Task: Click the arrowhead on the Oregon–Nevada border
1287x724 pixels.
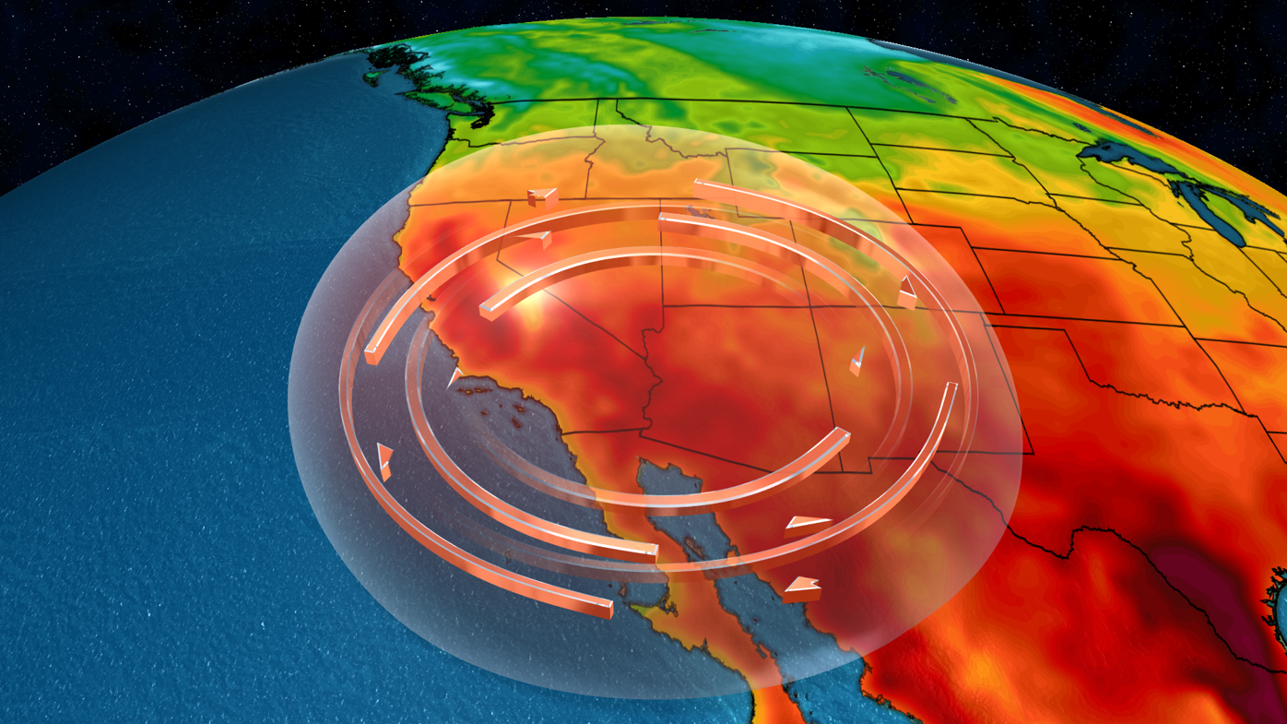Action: click(543, 196)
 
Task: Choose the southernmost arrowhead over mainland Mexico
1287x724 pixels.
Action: click(802, 588)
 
